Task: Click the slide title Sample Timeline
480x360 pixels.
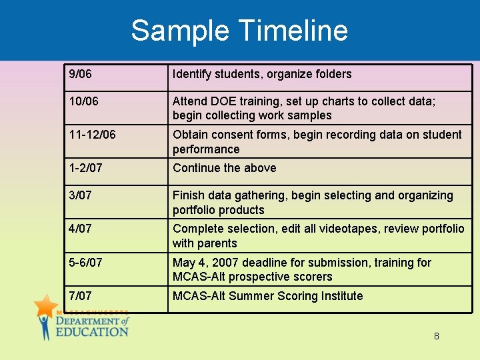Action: click(x=239, y=31)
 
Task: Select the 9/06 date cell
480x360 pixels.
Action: click(x=81, y=74)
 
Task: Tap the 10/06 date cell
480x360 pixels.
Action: click(x=83, y=101)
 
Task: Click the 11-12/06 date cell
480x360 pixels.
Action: click(x=92, y=135)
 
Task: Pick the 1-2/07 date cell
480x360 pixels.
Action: click(x=86, y=168)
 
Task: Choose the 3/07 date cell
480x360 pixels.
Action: click(x=81, y=195)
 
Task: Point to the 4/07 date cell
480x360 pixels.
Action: click(x=81, y=229)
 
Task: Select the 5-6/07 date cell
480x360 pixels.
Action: click(x=86, y=263)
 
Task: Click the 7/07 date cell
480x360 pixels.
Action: click(x=81, y=296)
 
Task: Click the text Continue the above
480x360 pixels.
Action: click(x=224, y=168)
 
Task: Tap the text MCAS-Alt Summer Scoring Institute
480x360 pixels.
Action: click(x=267, y=296)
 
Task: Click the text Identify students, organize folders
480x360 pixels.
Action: click(x=261, y=74)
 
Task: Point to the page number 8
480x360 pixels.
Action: click(x=437, y=336)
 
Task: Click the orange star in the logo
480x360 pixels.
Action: click(x=46, y=306)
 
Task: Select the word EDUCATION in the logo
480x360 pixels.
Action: click(x=91, y=331)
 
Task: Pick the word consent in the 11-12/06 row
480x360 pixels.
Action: click(x=233, y=135)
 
